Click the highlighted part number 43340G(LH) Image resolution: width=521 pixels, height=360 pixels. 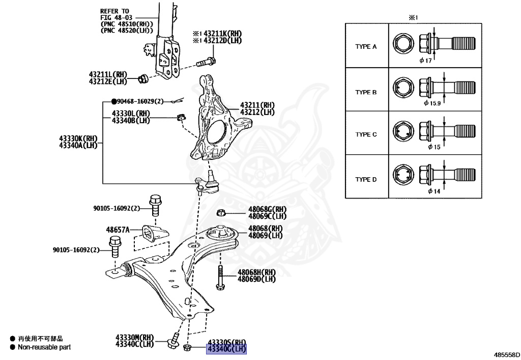pyautogui.click(x=226, y=349)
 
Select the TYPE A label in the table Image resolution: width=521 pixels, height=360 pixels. pyautogui.click(x=366, y=47)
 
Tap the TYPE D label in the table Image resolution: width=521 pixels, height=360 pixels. pyautogui.click(x=366, y=180)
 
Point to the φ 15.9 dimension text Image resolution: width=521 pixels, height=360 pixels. pyautogui.click(x=433, y=103)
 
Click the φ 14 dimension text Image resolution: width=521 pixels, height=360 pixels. pyautogui.click(x=433, y=191)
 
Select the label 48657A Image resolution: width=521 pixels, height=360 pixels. pyautogui.click(x=118, y=230)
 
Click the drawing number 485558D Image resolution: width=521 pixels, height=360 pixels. pyautogui.click(x=506, y=353)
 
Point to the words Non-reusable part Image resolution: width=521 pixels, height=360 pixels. pyautogui.click(x=44, y=347)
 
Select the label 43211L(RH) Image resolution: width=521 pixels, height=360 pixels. pyautogui.click(x=107, y=74)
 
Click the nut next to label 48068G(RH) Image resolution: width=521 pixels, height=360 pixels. pyautogui.click(x=221, y=212)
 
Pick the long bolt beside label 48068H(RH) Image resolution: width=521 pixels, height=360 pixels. pyautogui.click(x=220, y=278)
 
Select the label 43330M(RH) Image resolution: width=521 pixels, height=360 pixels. pyautogui.click(x=134, y=338)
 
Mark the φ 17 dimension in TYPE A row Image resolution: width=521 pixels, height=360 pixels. pyautogui.click(x=425, y=60)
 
